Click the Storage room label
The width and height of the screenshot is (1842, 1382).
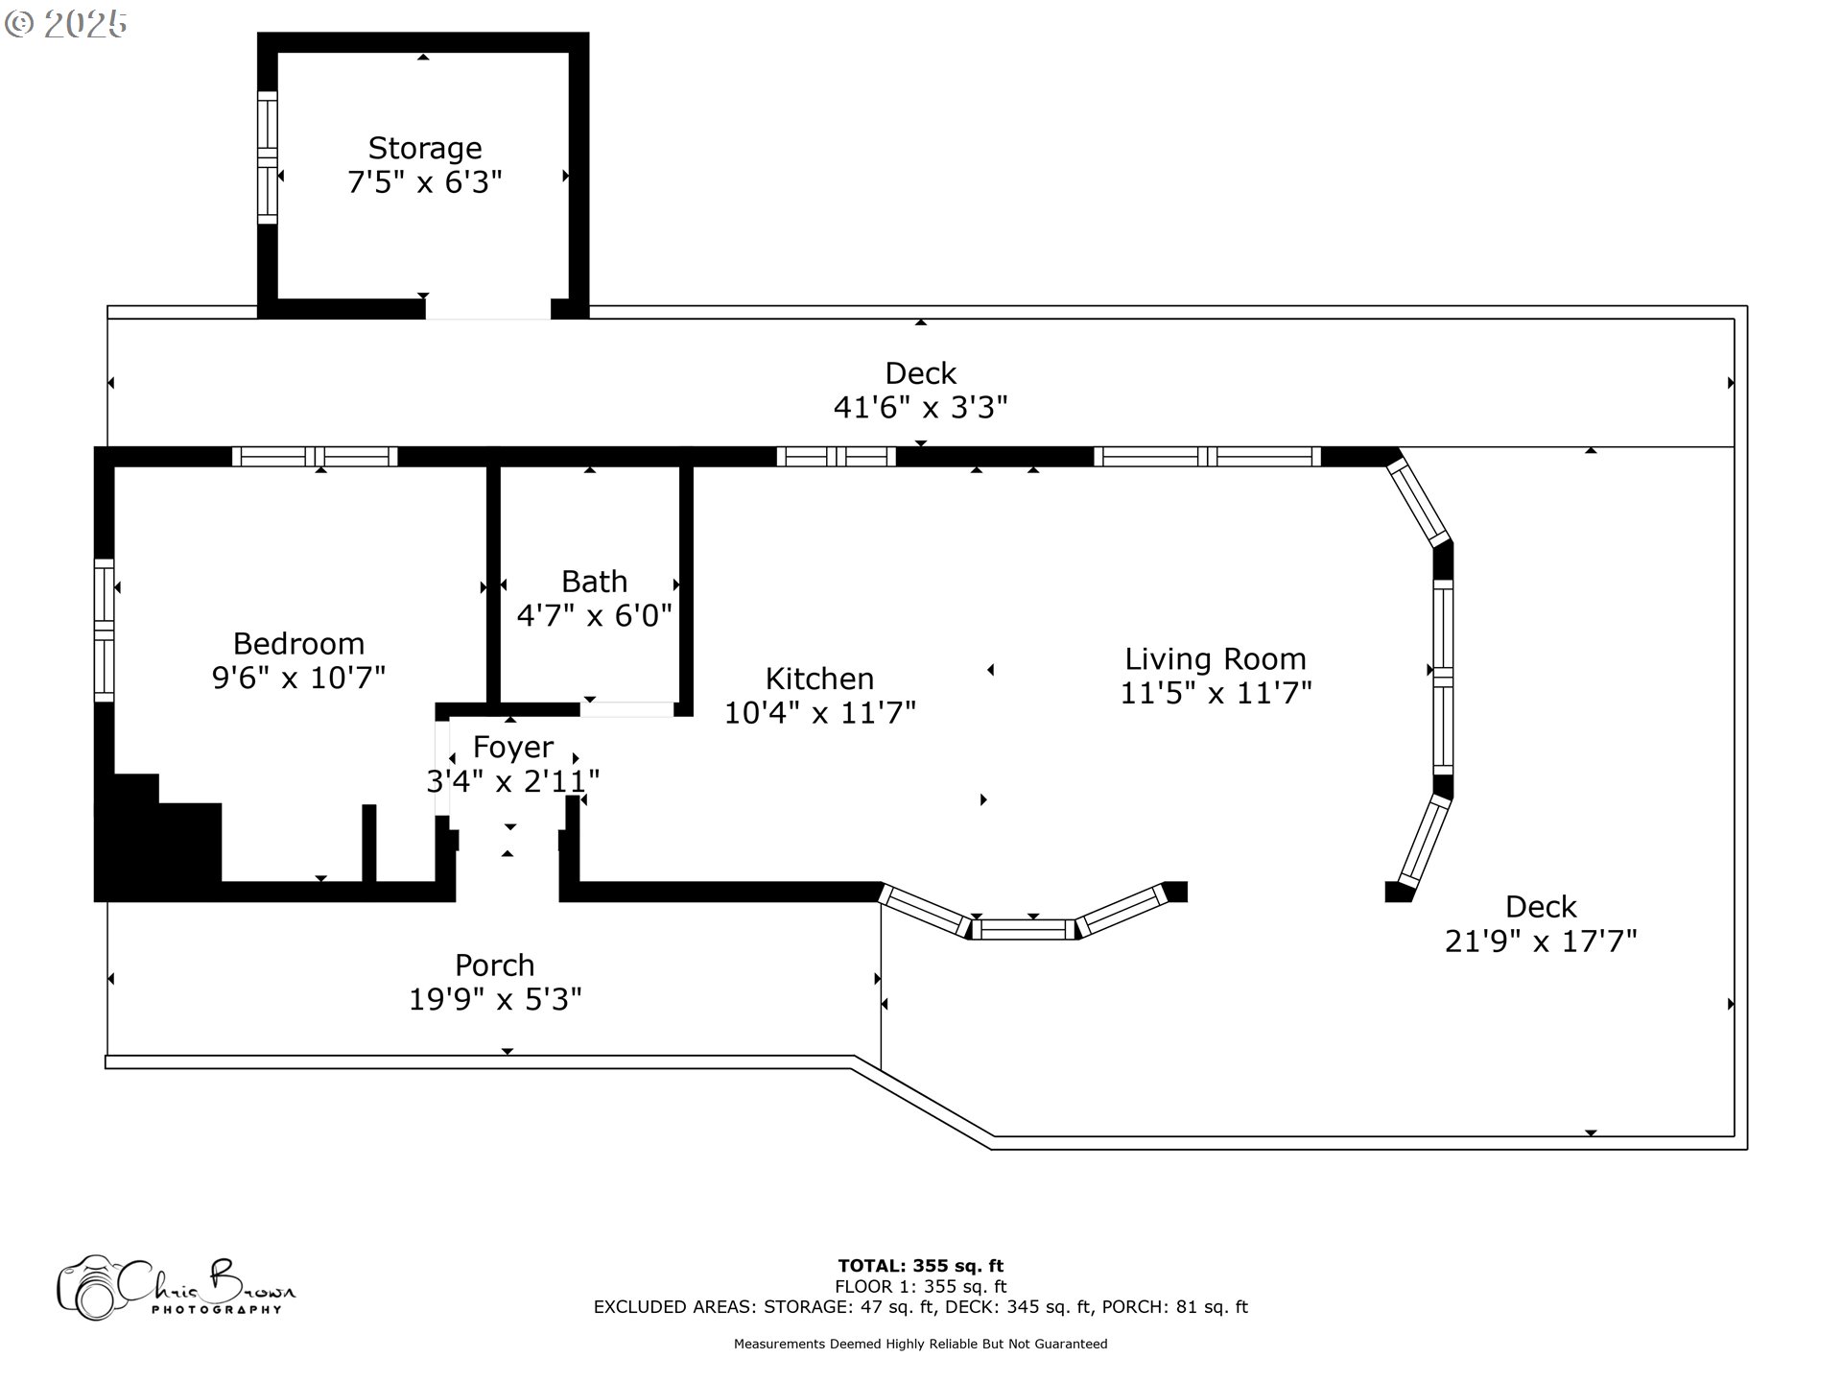(425, 148)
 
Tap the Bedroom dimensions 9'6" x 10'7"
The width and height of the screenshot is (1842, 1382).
(298, 678)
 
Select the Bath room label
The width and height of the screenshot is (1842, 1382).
(595, 582)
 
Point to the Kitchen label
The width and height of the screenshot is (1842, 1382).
(819, 679)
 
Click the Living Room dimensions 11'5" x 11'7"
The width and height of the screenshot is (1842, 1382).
(1216, 692)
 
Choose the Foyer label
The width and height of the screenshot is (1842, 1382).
(513, 747)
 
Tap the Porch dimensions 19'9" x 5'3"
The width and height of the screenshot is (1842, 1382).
(495, 1000)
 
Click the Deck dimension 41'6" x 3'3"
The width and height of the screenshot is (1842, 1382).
(921, 408)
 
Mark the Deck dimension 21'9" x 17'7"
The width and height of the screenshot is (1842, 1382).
(1541, 941)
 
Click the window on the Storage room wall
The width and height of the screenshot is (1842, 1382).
(267, 157)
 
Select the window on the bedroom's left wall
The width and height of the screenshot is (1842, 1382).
(104, 630)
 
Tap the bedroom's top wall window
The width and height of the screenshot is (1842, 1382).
(315, 457)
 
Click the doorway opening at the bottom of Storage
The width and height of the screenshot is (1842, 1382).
(487, 309)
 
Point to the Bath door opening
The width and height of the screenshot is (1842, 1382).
(626, 709)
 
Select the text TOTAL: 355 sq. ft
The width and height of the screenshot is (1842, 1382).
(921, 1266)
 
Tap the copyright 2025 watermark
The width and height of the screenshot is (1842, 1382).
(65, 24)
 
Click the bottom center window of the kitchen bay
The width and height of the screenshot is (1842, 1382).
(1025, 929)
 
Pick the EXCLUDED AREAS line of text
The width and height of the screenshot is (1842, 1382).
(921, 1307)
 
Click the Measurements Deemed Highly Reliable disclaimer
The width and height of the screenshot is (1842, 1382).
(921, 1345)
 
